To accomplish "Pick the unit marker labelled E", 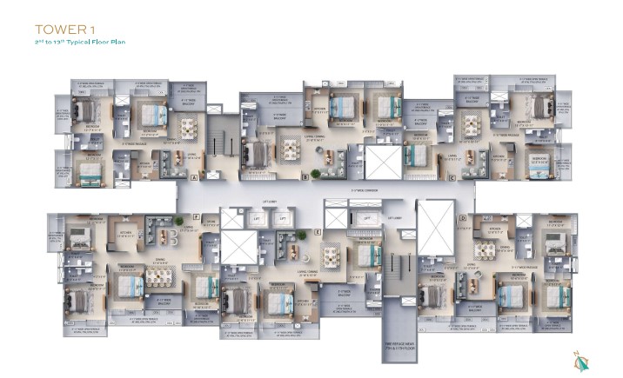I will pyautogui.click(x=318, y=233).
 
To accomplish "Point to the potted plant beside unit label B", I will pyautogui.click(x=315, y=174).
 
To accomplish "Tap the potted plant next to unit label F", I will pyautogui.click(x=179, y=218).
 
